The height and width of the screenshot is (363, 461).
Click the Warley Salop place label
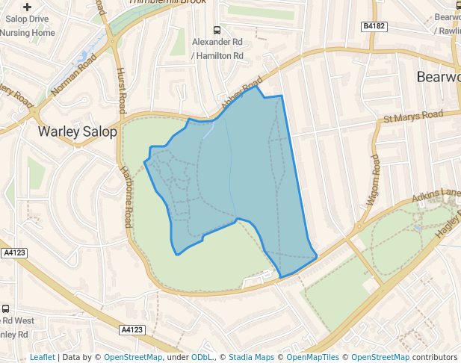click(x=78, y=132)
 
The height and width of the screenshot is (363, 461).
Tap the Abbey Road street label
click(x=241, y=91)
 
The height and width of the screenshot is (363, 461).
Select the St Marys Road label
click(x=413, y=117)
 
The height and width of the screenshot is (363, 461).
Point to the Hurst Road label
click(x=120, y=90)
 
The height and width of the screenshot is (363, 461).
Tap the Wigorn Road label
click(x=374, y=180)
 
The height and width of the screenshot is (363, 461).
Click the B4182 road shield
click(x=374, y=26)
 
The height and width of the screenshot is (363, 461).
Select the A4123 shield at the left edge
click(x=13, y=253)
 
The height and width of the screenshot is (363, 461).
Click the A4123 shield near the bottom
click(x=132, y=329)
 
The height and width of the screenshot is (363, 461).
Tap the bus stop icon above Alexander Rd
click(x=217, y=31)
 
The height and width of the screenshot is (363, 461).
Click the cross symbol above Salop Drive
click(x=28, y=7)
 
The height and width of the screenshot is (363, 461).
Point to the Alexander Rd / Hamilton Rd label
click(x=217, y=49)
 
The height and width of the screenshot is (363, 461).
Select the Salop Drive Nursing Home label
click(x=28, y=27)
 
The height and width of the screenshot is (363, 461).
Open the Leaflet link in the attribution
click(x=42, y=357)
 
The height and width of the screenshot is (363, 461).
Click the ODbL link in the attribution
click(x=202, y=357)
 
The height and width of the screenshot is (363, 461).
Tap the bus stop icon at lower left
click(x=6, y=308)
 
